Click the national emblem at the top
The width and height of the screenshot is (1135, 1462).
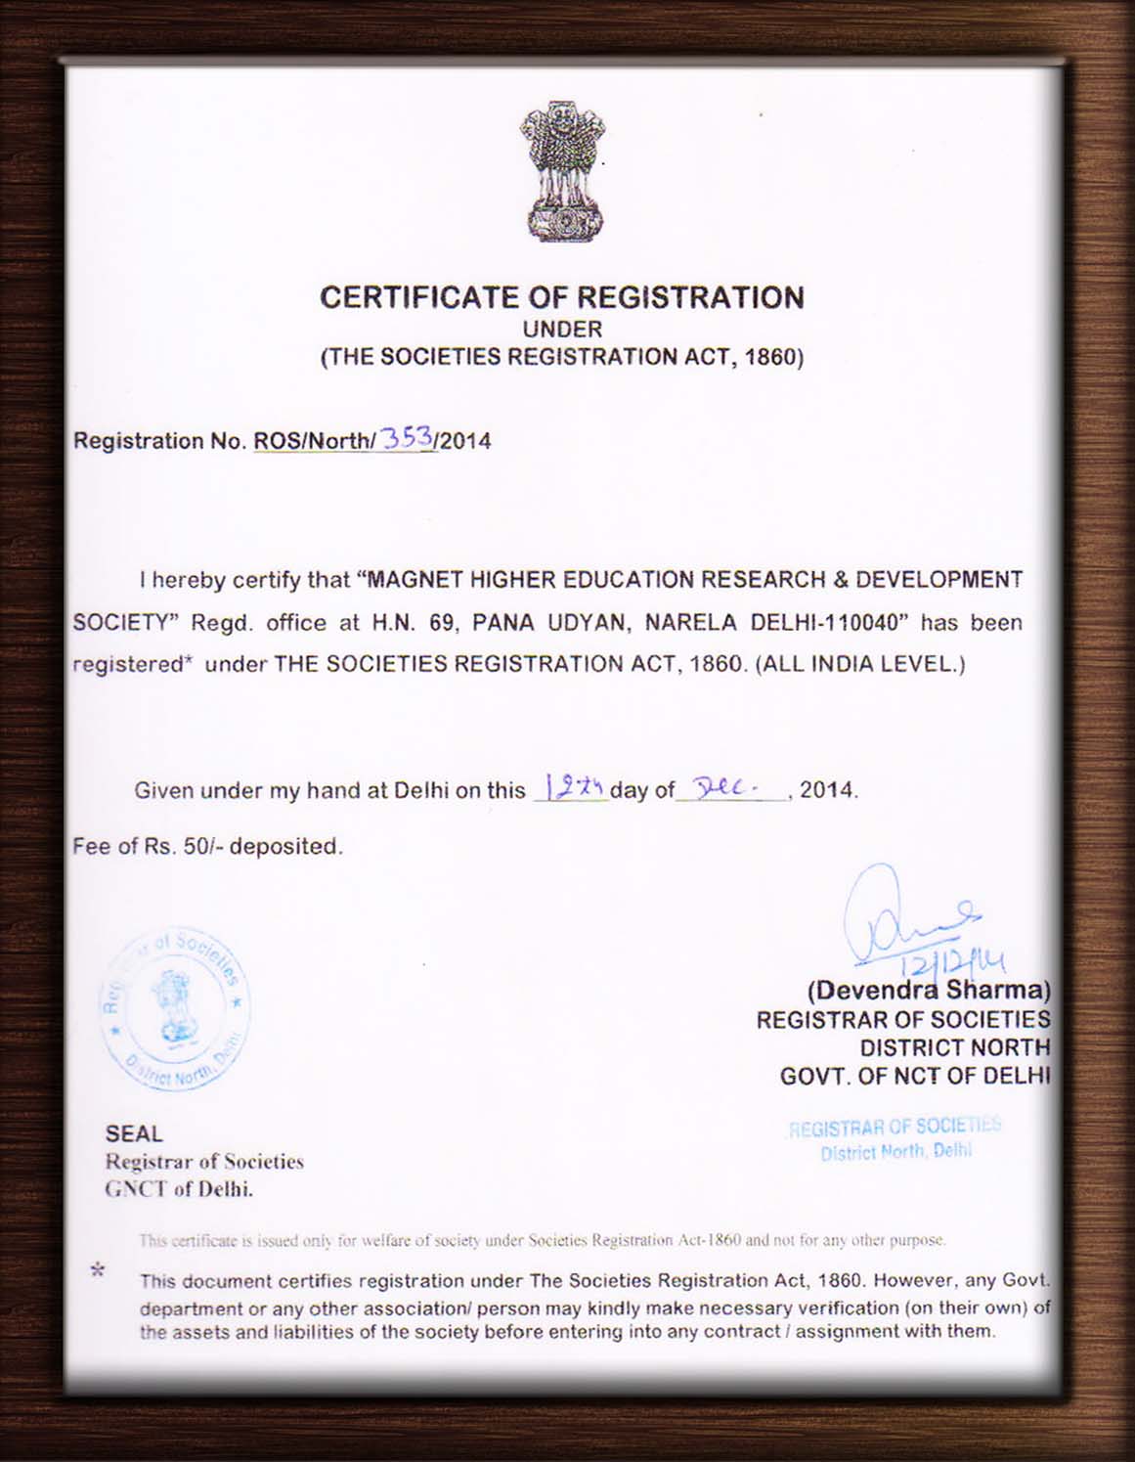(562, 171)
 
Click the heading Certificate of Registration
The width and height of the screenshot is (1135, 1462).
(562, 297)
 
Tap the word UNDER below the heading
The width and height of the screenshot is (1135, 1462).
(562, 330)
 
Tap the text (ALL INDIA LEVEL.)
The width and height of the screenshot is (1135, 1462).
(860, 664)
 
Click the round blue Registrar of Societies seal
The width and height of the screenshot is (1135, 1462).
(175, 1008)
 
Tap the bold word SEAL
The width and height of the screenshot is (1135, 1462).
(134, 1133)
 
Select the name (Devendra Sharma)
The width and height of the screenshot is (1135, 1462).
(928, 991)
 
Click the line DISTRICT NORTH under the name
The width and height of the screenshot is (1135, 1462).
(954, 1047)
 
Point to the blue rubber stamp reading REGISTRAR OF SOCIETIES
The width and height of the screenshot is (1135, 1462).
(895, 1138)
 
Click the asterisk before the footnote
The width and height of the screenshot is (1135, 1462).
(98, 1270)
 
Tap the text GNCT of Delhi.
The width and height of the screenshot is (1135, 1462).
(179, 1189)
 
